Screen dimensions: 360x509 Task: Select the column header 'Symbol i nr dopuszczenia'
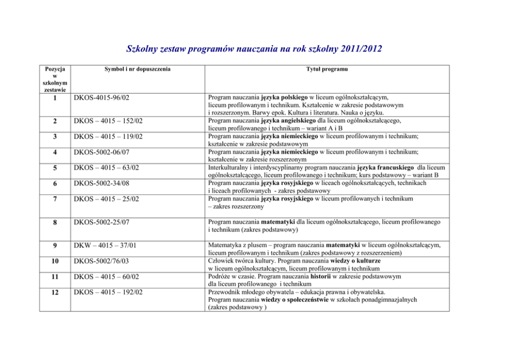[137, 69]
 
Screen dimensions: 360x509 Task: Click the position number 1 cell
[54, 98]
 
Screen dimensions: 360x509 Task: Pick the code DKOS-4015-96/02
[101, 97]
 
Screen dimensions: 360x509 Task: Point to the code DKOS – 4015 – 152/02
[108, 121]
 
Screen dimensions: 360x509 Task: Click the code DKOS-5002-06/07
[101, 152]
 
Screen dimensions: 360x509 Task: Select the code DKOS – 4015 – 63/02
[107, 167]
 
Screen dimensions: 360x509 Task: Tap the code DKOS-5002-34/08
[101, 183]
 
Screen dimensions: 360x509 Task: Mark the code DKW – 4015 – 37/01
[107, 245]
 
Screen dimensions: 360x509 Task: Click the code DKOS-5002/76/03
[101, 261]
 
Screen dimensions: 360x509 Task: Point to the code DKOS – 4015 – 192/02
[108, 293]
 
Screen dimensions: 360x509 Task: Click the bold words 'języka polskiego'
[284, 97]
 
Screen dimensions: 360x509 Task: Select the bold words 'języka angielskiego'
[287, 121]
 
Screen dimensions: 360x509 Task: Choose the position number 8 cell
[54, 222]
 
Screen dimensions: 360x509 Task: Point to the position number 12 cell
[54, 293]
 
